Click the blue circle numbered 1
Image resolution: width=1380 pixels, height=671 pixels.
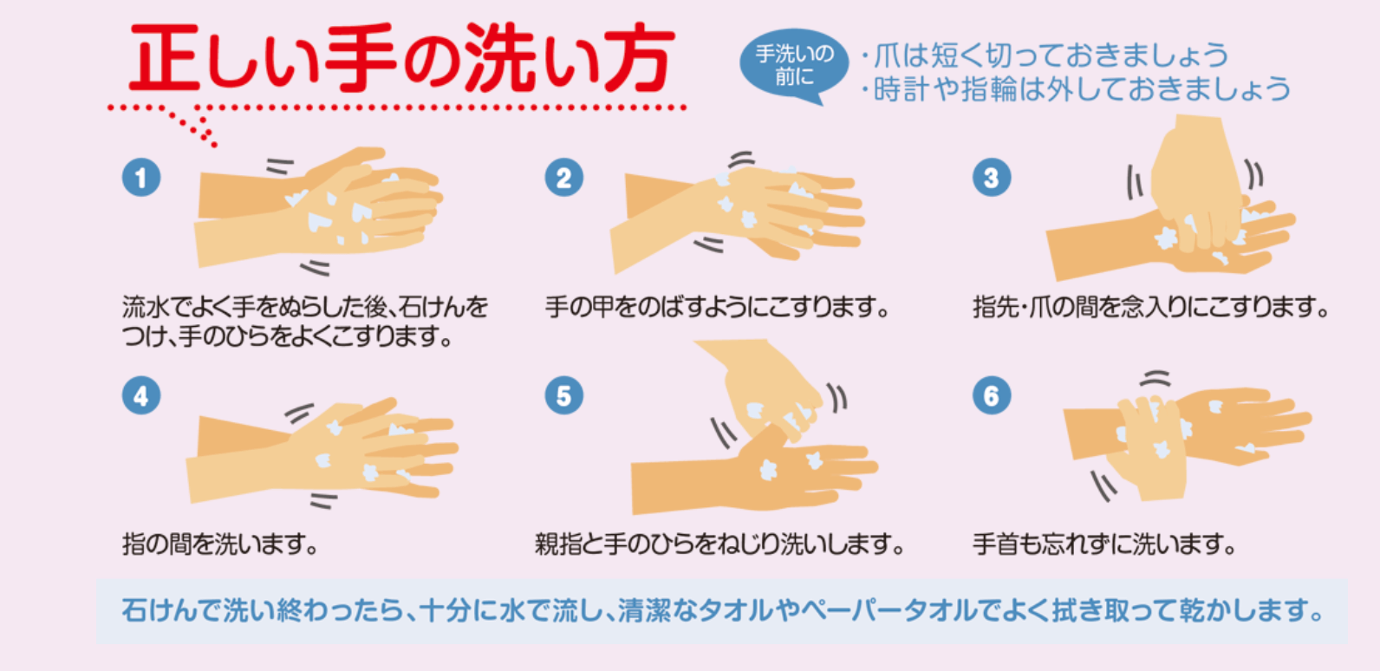click(141, 178)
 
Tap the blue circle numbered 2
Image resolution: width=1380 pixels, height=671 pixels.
click(563, 178)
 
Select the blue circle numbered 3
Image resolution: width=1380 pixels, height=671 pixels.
click(992, 178)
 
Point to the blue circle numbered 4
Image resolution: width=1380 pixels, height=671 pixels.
click(141, 395)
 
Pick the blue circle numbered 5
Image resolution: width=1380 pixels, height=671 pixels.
click(563, 395)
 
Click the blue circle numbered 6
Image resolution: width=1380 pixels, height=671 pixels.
click(992, 395)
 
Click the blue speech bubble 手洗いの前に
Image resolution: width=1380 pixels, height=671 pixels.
click(794, 65)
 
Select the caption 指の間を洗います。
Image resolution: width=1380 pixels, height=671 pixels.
click(220, 544)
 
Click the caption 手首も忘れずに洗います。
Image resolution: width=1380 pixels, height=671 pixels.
click(1104, 544)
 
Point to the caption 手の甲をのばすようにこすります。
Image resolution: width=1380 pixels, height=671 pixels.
click(718, 306)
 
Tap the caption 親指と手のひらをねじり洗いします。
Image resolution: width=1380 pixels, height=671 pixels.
click(719, 544)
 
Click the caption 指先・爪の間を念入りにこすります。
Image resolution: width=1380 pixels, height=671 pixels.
click(1151, 306)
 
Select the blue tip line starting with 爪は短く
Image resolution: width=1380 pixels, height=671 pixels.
click(1045, 55)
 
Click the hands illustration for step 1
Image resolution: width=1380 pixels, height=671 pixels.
click(319, 208)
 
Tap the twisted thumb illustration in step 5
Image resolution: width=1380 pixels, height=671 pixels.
click(755, 427)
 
